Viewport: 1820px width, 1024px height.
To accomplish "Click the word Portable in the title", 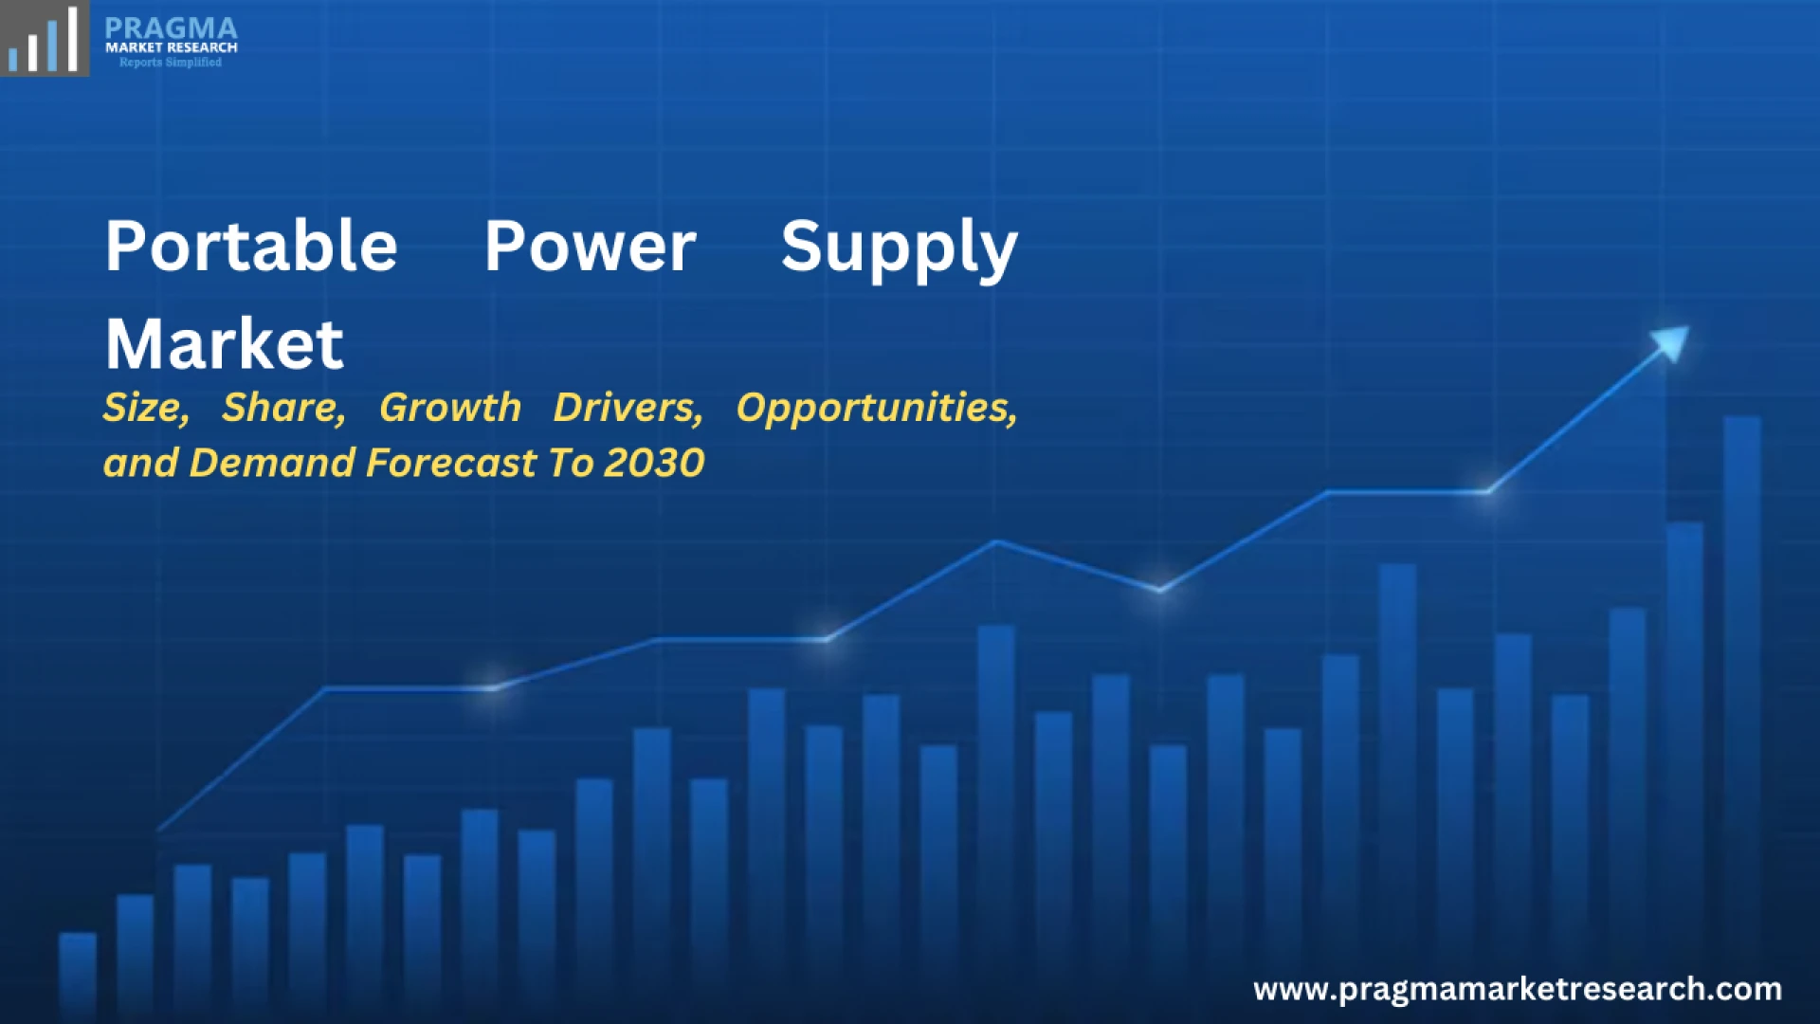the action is (251, 246).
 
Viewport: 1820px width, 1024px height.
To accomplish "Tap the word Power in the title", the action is (591, 247).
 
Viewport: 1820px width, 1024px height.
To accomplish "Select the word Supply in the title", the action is (900, 249).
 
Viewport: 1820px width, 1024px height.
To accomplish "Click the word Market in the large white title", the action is (225, 343).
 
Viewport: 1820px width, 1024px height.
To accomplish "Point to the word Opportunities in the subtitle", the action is (877, 409).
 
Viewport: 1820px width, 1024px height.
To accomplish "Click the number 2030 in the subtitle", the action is (654, 463).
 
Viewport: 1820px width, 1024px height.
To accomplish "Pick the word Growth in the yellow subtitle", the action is (450, 408).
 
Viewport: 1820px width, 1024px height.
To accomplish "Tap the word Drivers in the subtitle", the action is (628, 408).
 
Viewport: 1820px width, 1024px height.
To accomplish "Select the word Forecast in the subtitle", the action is (451, 463).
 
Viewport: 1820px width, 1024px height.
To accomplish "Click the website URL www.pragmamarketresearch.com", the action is (1518, 990).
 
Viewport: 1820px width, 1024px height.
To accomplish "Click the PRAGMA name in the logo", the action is (171, 28).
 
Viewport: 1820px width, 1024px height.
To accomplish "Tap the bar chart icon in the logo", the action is (44, 39).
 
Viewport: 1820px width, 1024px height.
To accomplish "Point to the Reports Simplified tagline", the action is (171, 63).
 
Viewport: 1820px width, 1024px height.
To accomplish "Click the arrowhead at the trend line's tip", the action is (1672, 341).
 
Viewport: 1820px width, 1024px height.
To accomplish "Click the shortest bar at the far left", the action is (78, 977).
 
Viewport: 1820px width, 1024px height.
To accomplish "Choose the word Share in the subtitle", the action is (283, 408).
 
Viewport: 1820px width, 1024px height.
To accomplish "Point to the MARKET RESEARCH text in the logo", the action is (172, 47).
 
